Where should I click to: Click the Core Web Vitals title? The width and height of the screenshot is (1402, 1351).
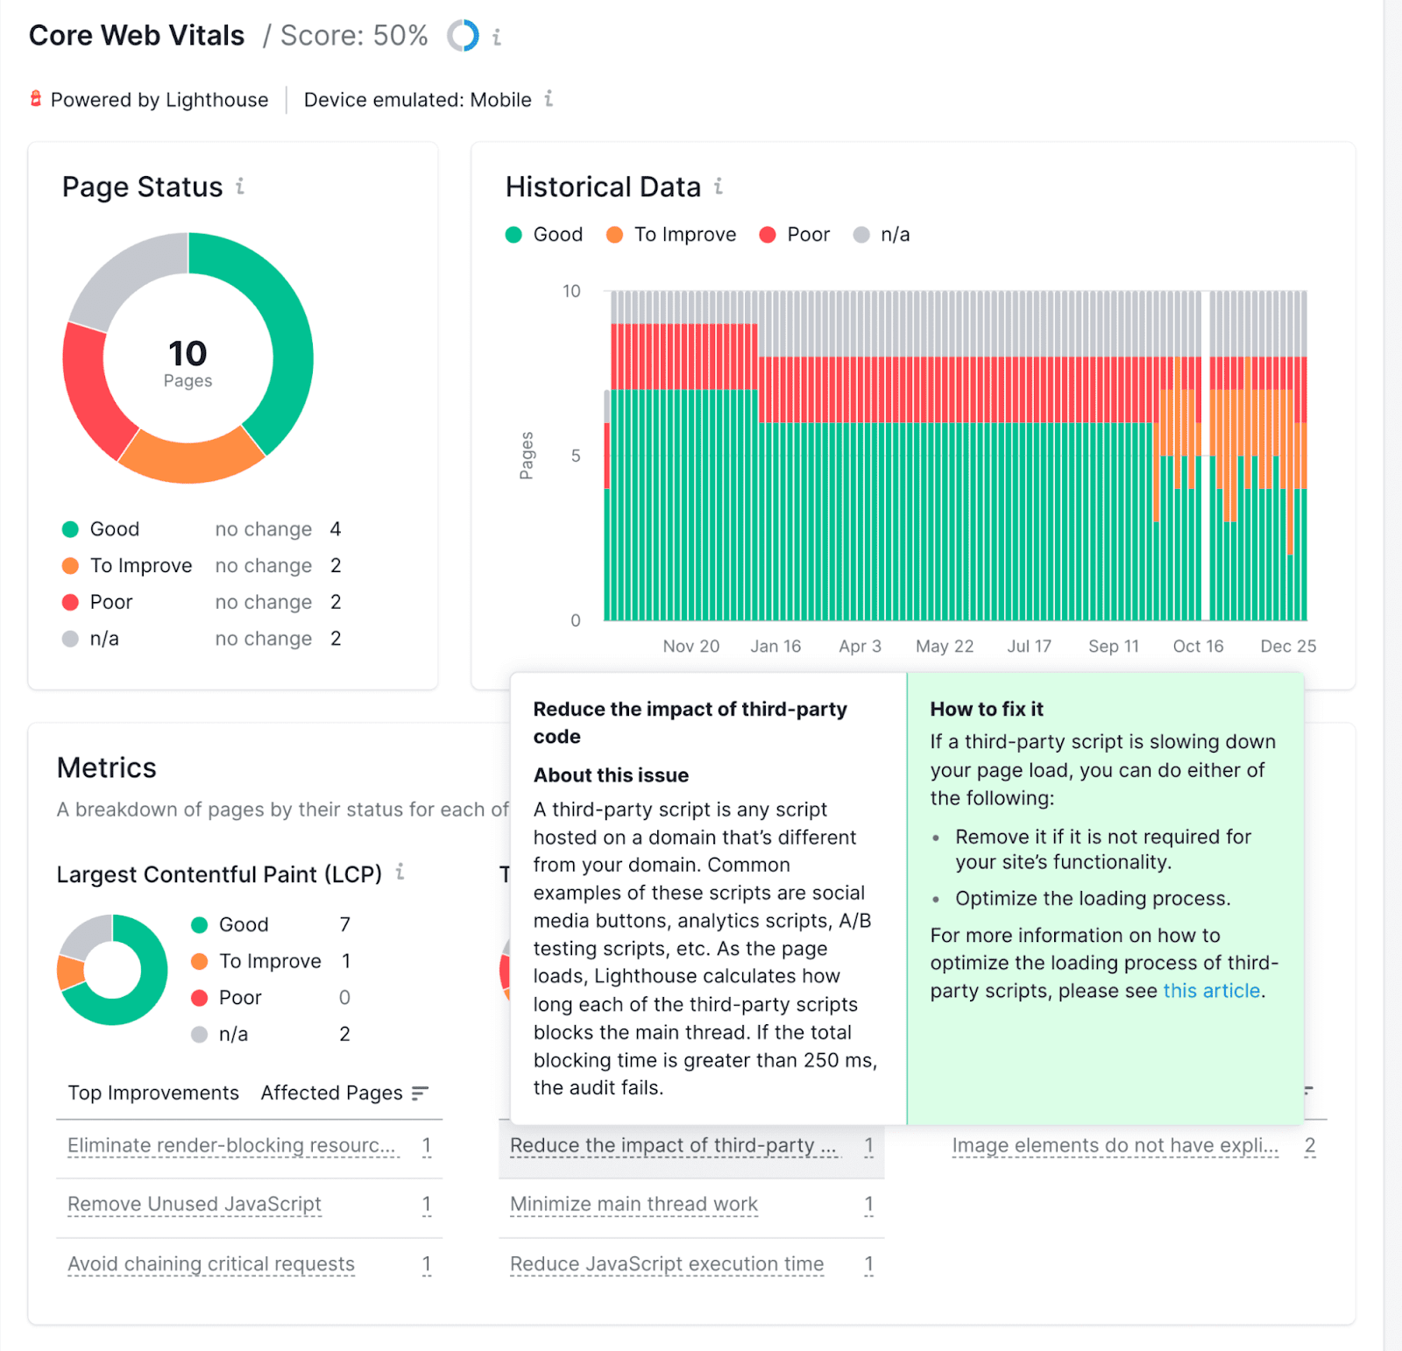(137, 36)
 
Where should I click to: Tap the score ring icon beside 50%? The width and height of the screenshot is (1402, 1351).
(463, 36)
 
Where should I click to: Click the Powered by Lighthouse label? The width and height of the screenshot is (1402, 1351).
(159, 100)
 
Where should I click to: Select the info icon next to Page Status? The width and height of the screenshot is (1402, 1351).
(240, 187)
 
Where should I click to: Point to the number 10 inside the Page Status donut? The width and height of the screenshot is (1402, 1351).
(188, 354)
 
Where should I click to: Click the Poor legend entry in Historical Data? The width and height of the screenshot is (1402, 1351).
(795, 235)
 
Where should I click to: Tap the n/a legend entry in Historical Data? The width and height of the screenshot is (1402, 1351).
(882, 235)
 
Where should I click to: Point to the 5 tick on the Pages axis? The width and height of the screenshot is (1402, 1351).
(576, 456)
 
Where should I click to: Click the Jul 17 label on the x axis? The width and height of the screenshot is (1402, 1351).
(1029, 647)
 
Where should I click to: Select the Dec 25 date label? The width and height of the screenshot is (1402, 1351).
(1287, 647)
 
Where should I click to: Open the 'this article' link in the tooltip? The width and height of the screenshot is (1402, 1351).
(1211, 991)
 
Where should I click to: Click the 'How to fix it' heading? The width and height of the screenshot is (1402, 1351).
(987, 709)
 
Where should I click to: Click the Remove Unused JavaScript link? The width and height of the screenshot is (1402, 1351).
(195, 1205)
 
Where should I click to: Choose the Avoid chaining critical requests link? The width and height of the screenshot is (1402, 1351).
(211, 1264)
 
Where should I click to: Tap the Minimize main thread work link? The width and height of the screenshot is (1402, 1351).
(634, 1205)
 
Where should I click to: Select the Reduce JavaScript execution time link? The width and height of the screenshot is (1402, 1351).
(667, 1264)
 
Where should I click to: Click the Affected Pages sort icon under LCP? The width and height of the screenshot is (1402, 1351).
(421, 1093)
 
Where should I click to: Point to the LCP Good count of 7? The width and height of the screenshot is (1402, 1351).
(344, 925)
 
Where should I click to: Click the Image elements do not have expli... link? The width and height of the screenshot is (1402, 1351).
(1115, 1146)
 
